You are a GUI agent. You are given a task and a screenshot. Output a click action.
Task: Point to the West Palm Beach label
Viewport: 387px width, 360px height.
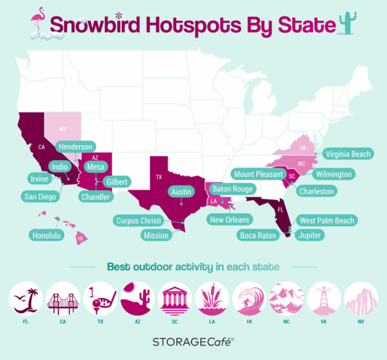327,221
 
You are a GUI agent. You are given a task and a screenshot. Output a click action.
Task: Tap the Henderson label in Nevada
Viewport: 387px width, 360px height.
75,147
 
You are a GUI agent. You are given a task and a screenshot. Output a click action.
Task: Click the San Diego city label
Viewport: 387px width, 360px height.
38,196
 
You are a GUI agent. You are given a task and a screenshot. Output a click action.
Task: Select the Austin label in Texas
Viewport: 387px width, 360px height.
181,192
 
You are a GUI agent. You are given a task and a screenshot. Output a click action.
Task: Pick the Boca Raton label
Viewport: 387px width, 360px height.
258,236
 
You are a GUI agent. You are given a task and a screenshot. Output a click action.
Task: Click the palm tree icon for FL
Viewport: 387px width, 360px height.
26,299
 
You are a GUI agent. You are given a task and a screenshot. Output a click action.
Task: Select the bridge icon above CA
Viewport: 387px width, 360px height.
63,299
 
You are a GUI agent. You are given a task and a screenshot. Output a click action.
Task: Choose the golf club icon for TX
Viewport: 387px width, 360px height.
101,299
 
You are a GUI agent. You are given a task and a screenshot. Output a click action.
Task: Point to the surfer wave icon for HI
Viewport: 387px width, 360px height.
249,299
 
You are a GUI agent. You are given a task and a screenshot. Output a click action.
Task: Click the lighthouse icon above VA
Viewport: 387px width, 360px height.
324,299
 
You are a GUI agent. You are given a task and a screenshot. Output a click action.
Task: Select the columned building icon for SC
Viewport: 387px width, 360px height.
175,299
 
